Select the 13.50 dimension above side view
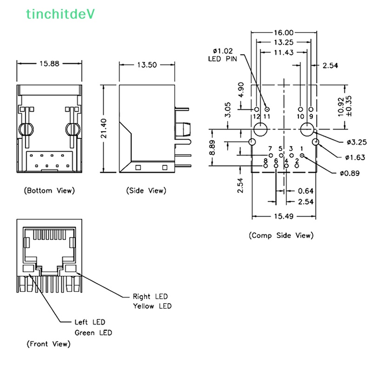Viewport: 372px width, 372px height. tap(146, 65)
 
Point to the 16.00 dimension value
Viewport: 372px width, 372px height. tap(284, 33)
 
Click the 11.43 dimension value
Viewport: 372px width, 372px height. tap(283, 53)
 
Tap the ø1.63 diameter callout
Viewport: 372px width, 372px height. tap(356, 157)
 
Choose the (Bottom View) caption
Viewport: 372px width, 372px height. tap(49, 191)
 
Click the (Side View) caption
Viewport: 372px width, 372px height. tap(146, 191)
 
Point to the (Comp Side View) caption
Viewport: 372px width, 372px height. tap(281, 236)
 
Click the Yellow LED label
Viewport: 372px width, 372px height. tap(152, 306)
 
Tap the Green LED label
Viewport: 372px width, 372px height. tap(93, 333)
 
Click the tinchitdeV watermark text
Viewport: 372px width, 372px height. tap(60, 14)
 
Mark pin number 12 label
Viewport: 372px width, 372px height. tap(257, 116)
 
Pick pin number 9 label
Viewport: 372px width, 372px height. tap(311, 116)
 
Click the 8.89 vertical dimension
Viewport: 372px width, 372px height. tap(212, 148)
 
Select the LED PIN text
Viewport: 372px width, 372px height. tap(222, 59)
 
